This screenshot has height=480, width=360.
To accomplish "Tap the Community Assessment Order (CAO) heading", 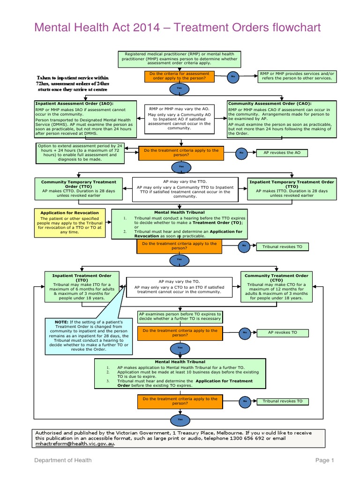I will click(x=270, y=104).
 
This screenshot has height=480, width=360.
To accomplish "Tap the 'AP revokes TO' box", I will click(x=283, y=332).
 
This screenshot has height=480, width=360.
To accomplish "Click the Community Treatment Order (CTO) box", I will click(x=277, y=287).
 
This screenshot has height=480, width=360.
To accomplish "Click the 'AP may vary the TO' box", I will click(x=180, y=287).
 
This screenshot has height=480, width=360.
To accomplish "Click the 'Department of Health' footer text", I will click(x=63, y=460).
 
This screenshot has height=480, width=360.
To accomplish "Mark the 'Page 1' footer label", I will click(x=325, y=460).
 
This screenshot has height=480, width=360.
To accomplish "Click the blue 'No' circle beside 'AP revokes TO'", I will click(x=244, y=333).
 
